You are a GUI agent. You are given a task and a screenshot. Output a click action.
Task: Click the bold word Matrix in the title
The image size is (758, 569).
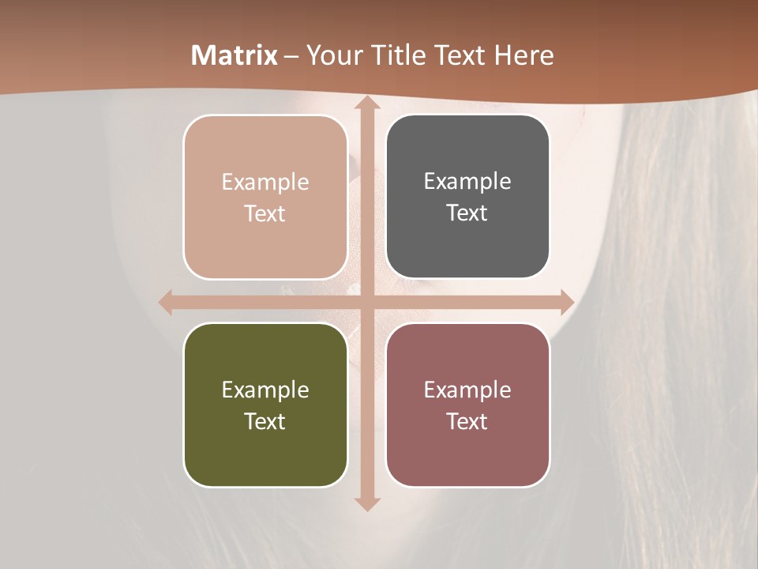point(235,55)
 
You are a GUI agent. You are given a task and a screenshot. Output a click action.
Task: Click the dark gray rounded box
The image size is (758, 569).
point(467,197)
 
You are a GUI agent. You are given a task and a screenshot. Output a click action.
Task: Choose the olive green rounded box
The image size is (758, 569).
point(265,405)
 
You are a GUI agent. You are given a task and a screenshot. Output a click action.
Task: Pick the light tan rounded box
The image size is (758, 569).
point(265,197)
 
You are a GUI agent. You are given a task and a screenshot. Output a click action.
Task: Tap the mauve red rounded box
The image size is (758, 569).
point(467,405)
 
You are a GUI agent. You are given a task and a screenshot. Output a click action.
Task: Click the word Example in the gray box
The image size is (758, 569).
point(467,181)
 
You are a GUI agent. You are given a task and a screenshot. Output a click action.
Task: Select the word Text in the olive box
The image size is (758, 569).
point(265,421)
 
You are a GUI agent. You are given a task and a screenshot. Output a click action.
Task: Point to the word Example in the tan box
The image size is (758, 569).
point(265,182)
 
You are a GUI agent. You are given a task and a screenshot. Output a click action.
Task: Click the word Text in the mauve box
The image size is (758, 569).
point(467,421)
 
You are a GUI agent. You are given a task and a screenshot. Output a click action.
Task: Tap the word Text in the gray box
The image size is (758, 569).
point(467,213)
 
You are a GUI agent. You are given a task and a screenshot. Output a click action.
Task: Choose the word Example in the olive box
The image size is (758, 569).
point(265,390)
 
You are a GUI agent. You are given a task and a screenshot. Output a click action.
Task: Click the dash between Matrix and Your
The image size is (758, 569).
point(292,56)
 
